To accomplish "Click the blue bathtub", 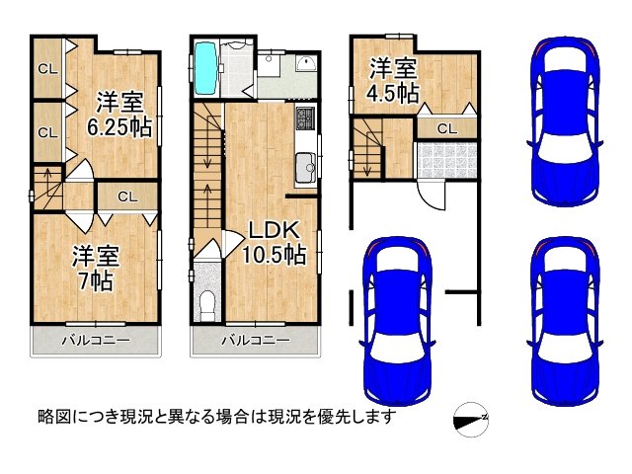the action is point(206,68).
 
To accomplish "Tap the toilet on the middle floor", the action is point(208,304).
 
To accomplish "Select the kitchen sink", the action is point(305,168).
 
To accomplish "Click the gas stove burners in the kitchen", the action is point(305,118).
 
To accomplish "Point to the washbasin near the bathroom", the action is point(306,63).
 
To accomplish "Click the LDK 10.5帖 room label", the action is point(275,242).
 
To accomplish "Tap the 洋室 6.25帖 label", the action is point(119,115).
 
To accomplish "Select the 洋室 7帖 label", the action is point(96,268).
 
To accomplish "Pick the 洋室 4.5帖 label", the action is point(392,81).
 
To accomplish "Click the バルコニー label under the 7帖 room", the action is point(96,341).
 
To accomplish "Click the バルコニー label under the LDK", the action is point(256,341).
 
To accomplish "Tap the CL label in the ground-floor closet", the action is point(447,129).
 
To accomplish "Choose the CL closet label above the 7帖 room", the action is point(127,197).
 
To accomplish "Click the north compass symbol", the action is point(471,420).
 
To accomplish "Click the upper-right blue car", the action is point(565,120).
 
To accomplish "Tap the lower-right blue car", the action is point(565,321).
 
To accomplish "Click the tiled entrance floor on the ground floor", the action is point(447,160).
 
